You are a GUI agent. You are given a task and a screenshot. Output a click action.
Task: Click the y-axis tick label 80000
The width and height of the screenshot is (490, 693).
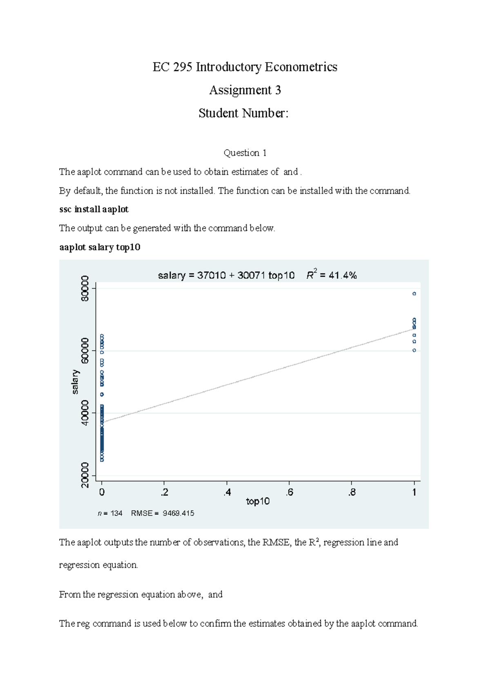click(x=85, y=288)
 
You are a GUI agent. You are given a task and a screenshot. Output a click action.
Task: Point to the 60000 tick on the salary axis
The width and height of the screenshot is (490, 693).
click(x=85, y=351)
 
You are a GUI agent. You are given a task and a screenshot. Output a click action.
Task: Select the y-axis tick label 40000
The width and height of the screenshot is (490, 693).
click(x=85, y=413)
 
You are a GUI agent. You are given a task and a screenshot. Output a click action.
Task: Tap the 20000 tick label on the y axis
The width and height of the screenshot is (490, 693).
click(x=85, y=475)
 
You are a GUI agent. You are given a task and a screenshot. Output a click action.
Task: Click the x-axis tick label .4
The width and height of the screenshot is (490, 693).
click(x=227, y=493)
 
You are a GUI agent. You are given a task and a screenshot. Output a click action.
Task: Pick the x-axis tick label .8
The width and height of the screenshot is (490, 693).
click(x=352, y=493)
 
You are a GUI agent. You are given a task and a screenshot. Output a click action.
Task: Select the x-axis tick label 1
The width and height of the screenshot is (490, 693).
click(x=414, y=493)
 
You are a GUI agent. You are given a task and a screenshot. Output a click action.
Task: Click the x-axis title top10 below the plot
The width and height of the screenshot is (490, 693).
click(x=258, y=502)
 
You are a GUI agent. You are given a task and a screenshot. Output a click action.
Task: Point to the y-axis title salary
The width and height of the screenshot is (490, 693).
click(x=75, y=382)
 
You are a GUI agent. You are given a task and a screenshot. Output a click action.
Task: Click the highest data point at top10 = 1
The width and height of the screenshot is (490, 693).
click(x=414, y=294)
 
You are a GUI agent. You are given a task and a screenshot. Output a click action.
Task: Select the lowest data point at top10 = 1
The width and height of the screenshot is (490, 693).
click(x=414, y=350)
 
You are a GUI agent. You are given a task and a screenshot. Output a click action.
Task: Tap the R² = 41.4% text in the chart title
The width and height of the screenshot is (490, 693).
click(x=332, y=275)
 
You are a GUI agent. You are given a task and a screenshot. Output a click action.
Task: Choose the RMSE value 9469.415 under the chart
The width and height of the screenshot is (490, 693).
click(x=178, y=513)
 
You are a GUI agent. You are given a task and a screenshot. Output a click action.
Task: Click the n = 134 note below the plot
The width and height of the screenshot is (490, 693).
click(x=110, y=513)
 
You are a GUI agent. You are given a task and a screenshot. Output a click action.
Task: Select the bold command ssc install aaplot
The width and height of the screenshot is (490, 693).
click(x=94, y=209)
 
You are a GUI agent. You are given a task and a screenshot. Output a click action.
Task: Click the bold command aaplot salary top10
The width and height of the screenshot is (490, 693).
click(x=100, y=247)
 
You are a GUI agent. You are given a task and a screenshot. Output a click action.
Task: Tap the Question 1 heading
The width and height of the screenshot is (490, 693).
click(x=245, y=153)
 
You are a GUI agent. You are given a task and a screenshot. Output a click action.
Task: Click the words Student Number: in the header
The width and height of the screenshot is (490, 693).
click(x=243, y=113)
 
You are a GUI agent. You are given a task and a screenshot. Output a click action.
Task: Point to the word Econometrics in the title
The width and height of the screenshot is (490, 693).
click(x=301, y=67)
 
